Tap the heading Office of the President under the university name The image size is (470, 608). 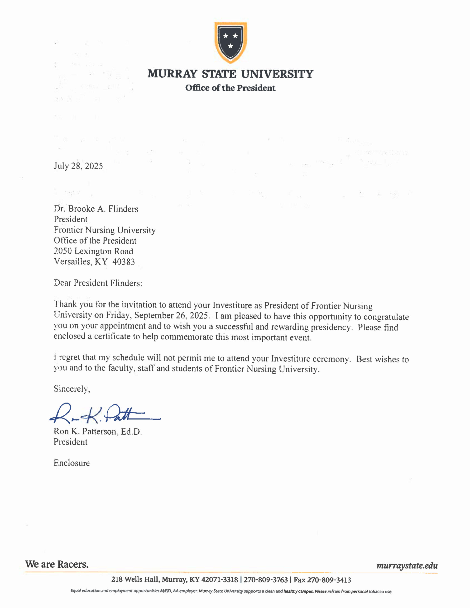click(230, 88)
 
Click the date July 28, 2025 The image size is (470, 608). click(78, 166)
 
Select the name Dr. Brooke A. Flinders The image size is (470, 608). click(96, 209)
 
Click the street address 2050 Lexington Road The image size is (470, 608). click(93, 251)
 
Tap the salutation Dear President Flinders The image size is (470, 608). click(98, 283)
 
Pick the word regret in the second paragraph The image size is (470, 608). click(69, 357)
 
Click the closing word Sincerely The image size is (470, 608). click(72, 389)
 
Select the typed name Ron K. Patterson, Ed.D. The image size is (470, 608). click(97, 432)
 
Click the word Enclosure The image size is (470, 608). click(72, 463)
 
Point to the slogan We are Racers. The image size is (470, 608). click(57, 564)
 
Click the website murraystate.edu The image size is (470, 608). click(407, 566)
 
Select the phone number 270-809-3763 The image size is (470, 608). click(265, 580)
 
